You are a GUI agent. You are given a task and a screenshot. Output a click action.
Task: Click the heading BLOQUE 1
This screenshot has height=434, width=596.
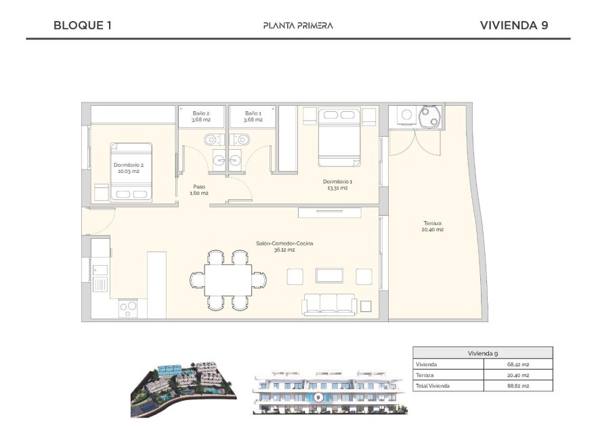82,26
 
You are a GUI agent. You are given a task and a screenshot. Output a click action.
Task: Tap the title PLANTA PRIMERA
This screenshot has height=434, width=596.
298,26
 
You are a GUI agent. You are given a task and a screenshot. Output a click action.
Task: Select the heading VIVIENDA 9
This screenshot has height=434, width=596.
513,26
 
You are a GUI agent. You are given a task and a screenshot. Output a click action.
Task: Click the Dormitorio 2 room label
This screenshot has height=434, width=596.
128,167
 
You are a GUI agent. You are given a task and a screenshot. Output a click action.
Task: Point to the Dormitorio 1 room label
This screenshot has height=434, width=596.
337,184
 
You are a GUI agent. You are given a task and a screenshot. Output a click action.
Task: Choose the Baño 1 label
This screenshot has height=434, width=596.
253,117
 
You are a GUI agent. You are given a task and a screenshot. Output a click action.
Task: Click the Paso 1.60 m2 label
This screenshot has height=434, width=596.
198,190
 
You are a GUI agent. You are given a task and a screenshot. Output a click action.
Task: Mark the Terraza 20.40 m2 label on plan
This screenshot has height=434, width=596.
433,226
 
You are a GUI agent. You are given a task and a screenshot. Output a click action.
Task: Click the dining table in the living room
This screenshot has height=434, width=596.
228,279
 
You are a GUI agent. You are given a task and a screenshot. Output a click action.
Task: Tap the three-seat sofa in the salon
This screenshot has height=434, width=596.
329,304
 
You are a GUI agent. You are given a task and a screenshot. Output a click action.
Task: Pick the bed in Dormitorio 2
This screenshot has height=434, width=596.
132,173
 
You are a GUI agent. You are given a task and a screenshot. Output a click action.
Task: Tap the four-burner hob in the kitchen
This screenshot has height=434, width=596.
129,309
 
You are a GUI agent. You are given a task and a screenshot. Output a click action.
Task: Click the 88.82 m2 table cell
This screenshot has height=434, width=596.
518,385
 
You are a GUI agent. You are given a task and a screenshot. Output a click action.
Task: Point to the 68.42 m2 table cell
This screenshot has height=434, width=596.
518,364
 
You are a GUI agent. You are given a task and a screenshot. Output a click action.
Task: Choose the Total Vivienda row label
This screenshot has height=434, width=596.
433,385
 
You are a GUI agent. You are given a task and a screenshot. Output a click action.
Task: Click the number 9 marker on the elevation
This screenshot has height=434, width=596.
318,397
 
